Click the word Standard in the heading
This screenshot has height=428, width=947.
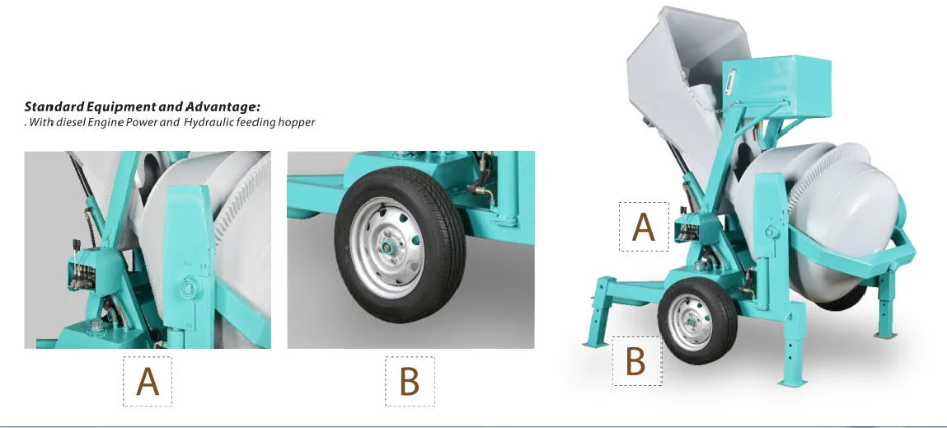point(54,107)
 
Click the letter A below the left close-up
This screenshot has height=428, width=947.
point(148,382)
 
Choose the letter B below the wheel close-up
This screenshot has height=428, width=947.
point(410,382)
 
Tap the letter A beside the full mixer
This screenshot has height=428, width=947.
point(643,228)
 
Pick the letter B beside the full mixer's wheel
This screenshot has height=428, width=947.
point(635,361)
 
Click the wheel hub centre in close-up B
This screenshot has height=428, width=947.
point(384,247)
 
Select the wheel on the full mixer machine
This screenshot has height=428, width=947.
point(697,321)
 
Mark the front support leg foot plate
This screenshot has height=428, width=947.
point(792,382)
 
